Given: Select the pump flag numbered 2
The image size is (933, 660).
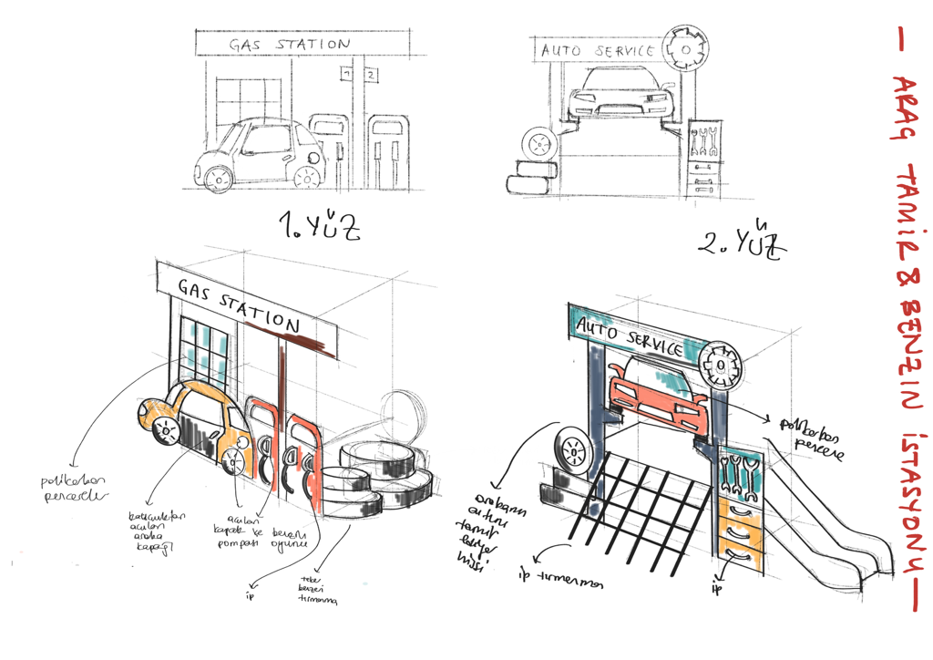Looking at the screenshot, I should point(371,73).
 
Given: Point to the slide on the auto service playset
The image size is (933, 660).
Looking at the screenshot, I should point(820,510).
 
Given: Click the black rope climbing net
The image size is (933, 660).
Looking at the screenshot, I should point(638,497).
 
